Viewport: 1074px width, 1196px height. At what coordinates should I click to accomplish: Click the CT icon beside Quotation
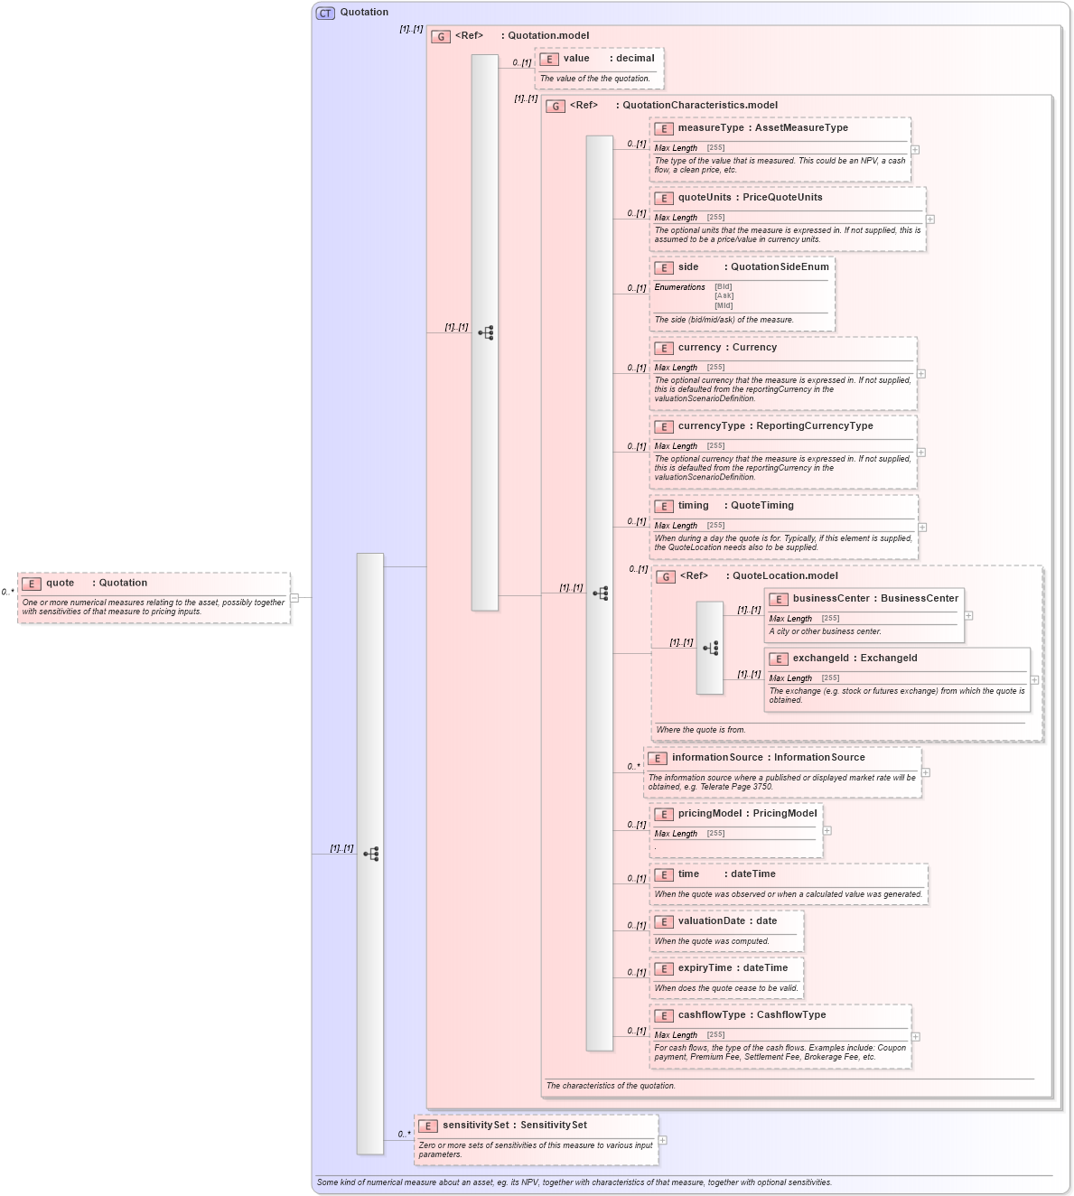point(325,13)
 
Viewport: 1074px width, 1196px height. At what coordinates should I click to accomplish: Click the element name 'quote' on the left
point(61,584)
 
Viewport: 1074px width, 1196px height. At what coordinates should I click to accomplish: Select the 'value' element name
point(576,59)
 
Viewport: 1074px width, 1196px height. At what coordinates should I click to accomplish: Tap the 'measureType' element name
point(711,128)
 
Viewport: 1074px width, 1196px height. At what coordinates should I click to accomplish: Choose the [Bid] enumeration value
point(724,287)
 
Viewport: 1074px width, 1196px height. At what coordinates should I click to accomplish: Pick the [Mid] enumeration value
point(724,305)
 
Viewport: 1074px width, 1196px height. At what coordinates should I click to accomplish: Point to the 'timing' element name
point(693,506)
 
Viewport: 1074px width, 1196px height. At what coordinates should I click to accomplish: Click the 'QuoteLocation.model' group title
point(785,576)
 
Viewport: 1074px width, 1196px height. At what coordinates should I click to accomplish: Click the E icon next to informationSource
point(658,759)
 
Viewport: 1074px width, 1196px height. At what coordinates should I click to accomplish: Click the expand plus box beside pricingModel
point(827,831)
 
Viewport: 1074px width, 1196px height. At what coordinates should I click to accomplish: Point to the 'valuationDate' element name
point(711,921)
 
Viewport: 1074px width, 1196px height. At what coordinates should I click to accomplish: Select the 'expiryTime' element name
point(705,968)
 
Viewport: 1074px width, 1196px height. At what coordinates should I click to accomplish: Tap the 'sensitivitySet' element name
point(475,1126)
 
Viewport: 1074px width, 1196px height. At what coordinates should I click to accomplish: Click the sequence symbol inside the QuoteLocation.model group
point(710,648)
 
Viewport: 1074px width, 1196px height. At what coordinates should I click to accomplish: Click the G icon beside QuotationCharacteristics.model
point(556,107)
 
